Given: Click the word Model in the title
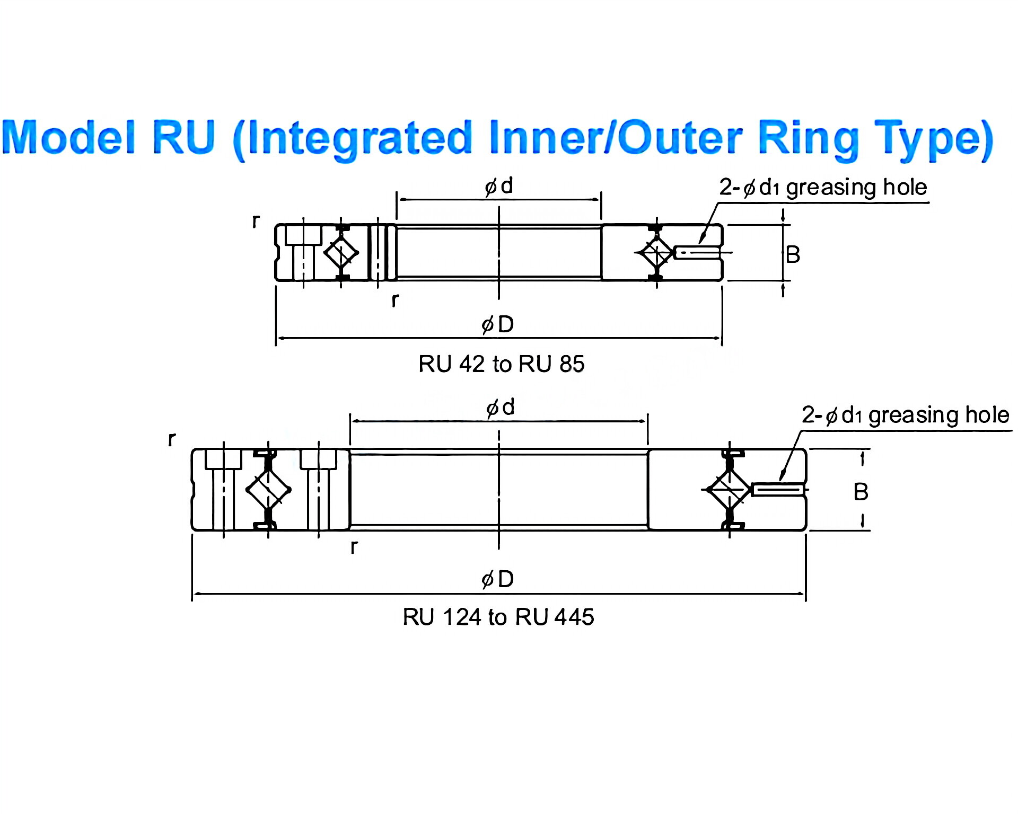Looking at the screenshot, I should click(x=69, y=137).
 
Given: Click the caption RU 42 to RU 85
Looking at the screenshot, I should click(x=501, y=364).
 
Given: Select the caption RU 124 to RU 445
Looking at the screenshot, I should click(x=498, y=617).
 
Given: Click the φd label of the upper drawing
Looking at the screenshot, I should click(x=499, y=186).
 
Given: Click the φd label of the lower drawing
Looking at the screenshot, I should click(x=501, y=408).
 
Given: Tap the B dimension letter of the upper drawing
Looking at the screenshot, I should click(x=793, y=255).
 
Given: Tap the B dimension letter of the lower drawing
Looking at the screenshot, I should click(x=861, y=492).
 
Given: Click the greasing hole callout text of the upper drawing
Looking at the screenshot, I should click(x=823, y=188).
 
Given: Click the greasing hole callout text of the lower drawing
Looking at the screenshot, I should click(x=905, y=415).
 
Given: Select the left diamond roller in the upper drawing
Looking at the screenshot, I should click(x=341, y=253).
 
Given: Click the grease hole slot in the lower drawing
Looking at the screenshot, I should click(x=778, y=490).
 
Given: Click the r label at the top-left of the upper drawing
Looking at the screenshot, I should click(x=256, y=220).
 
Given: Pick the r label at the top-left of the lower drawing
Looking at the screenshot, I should click(x=171, y=439).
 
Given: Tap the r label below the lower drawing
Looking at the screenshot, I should click(x=354, y=546).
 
